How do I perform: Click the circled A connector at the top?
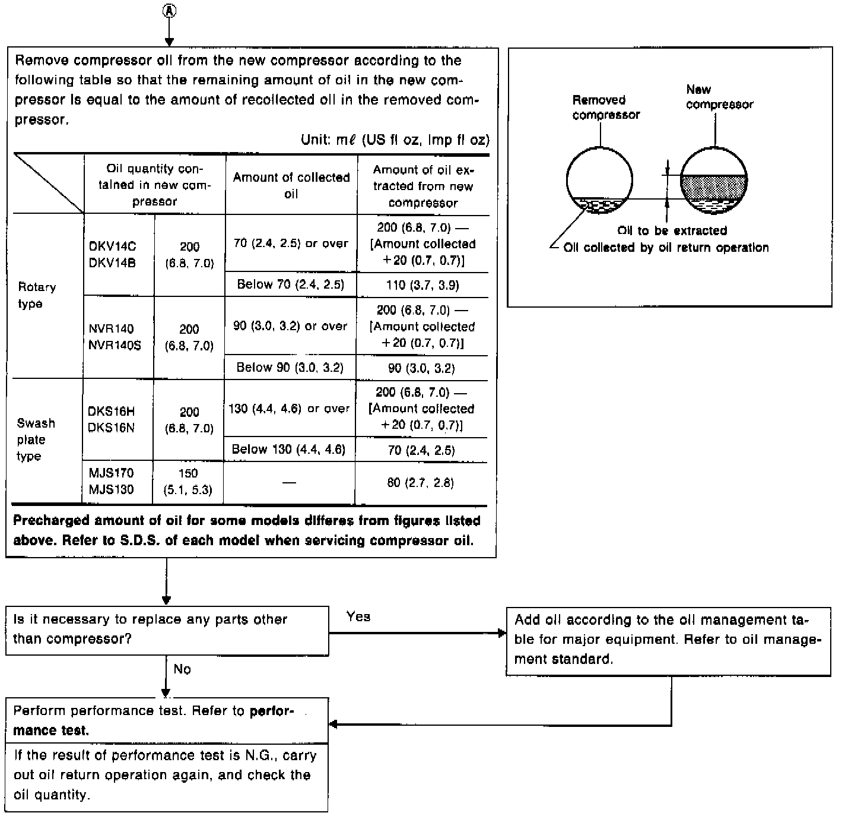point(169,11)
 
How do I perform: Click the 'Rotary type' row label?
point(37,295)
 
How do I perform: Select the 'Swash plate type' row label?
point(36,439)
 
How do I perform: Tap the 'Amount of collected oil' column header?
point(291,185)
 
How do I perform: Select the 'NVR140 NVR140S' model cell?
point(115,337)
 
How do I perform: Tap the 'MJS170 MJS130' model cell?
point(111,481)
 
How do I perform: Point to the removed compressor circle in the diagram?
point(599,179)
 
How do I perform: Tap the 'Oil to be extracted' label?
point(672,230)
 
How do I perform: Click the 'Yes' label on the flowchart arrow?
point(358,617)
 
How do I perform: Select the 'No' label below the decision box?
point(182,669)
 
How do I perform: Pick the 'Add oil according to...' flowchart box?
point(668,640)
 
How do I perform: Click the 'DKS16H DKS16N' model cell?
point(112,419)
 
